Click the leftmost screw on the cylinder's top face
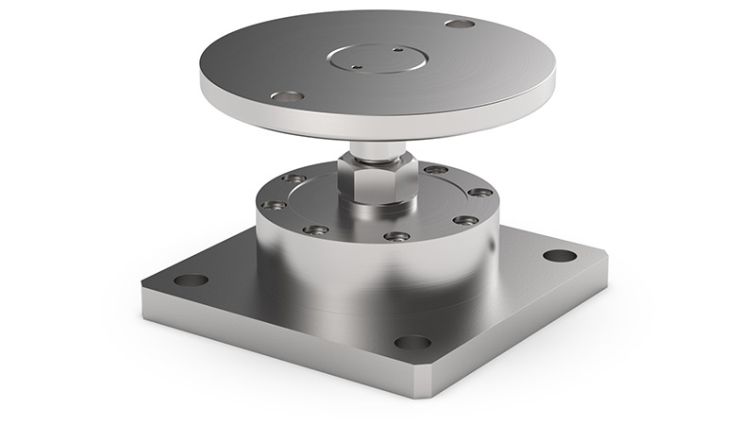click(x=275, y=205)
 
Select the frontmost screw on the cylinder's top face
click(x=397, y=235)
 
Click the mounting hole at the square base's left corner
click(x=192, y=280)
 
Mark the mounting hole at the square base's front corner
click(x=412, y=342)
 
